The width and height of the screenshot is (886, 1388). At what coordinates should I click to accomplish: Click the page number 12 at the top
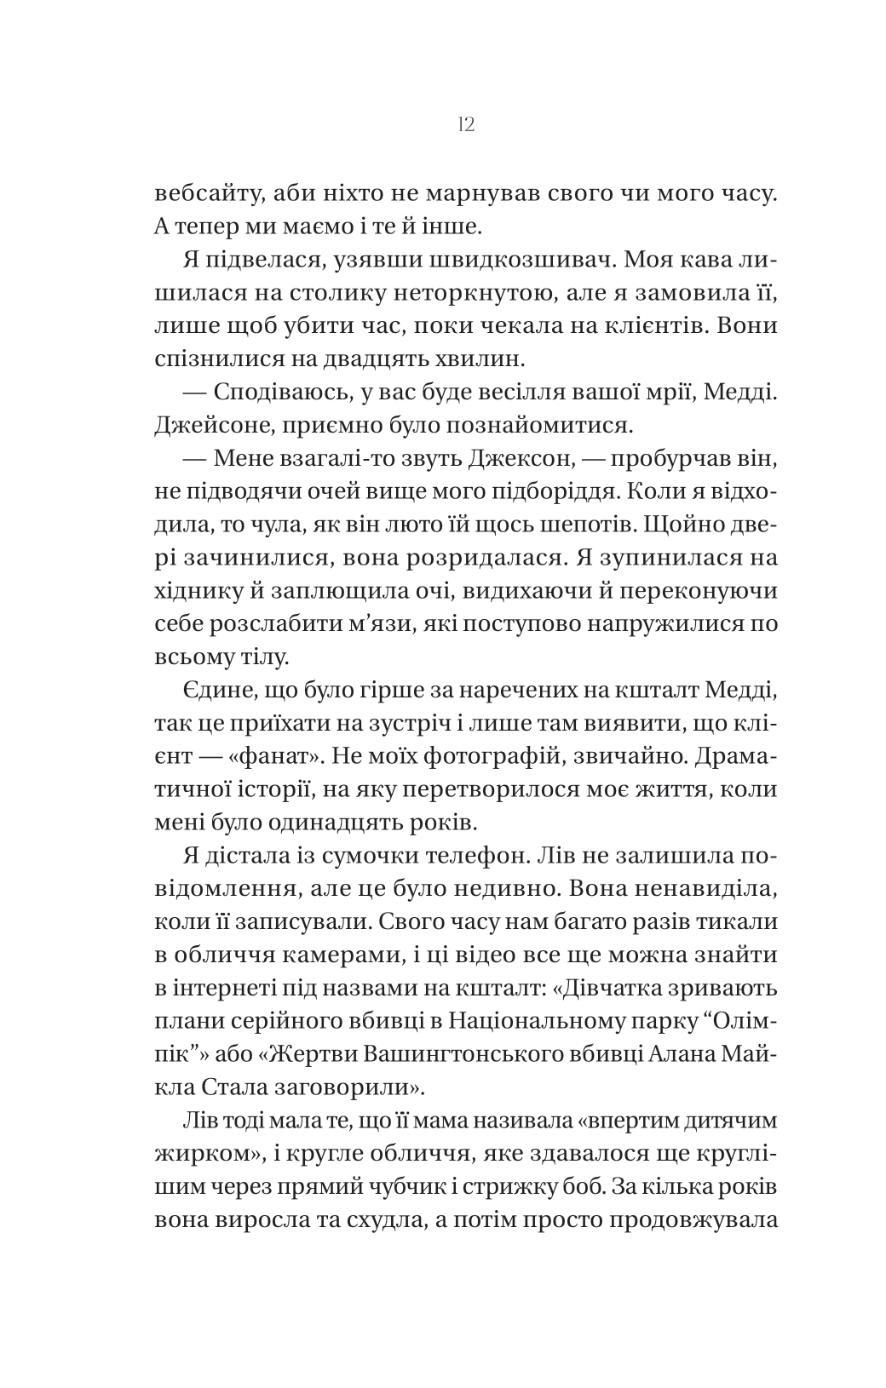coord(465,125)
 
